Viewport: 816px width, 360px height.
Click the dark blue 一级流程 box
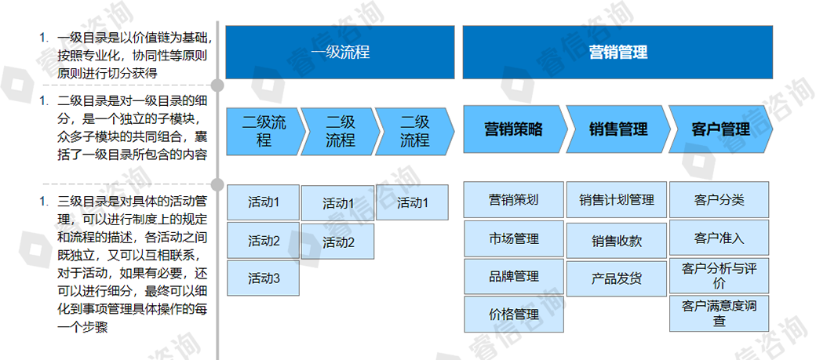pyautogui.click(x=340, y=53)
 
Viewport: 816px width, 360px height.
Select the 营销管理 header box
pyautogui.click(x=618, y=53)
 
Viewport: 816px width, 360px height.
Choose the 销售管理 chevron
pyautogui.click(x=617, y=129)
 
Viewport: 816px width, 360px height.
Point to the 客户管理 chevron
pyautogui.click(x=720, y=129)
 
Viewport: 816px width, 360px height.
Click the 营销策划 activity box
pyautogui.click(x=513, y=199)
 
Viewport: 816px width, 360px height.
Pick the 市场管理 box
pyautogui.click(x=513, y=238)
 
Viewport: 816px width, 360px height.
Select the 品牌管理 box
pyautogui.click(x=513, y=276)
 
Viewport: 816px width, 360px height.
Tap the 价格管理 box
pyautogui.click(x=513, y=315)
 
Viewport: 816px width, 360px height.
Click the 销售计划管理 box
pyautogui.click(x=616, y=200)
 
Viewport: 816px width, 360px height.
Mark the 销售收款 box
pyautogui.click(x=616, y=241)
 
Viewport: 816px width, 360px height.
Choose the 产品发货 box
pyautogui.click(x=616, y=278)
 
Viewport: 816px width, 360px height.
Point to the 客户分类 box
pyautogui.click(x=719, y=199)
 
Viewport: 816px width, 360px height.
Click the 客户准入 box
pyautogui.click(x=719, y=238)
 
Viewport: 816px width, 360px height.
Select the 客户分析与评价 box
pyautogui.click(x=719, y=275)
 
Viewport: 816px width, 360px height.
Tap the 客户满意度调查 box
pyautogui.click(x=719, y=313)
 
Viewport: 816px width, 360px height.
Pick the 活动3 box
pyautogui.click(x=264, y=278)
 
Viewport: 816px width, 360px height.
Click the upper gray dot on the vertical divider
pyautogui.click(x=218, y=84)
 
